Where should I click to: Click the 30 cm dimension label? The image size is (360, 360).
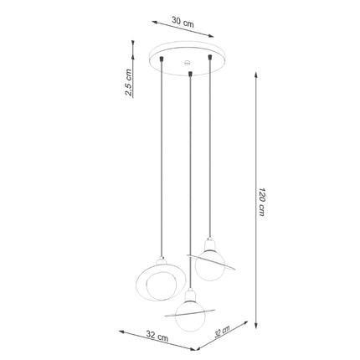point(183,22)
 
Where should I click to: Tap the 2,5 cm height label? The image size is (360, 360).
point(128,82)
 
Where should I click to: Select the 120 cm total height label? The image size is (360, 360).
point(262,202)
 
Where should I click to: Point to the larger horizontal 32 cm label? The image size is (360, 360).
point(157,336)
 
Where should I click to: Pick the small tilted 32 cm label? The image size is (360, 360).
point(222,332)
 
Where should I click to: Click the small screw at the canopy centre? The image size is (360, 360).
point(187,62)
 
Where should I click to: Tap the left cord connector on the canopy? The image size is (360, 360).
point(162,59)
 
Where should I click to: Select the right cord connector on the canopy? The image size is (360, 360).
point(209,58)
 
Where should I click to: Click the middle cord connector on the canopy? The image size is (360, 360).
point(190,74)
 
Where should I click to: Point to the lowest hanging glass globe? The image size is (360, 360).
point(190,316)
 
